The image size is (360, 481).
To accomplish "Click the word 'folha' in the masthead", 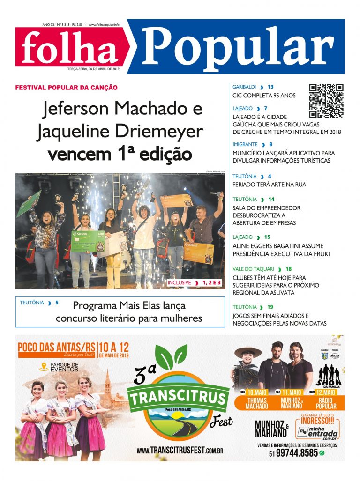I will click(x=69, y=48).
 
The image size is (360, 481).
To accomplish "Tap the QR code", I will click(x=326, y=101).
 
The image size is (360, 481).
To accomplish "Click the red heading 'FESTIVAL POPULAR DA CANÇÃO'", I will click(x=66, y=88).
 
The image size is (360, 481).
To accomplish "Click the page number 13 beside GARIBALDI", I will click(x=270, y=87).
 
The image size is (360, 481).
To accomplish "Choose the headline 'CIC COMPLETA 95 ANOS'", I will click(x=264, y=96).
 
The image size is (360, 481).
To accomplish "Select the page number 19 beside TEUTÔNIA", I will click(x=270, y=307).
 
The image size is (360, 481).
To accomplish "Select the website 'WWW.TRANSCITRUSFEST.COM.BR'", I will click(x=180, y=451).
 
